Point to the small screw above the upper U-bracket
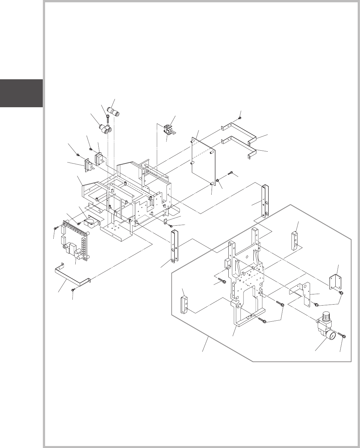click(241, 117)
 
